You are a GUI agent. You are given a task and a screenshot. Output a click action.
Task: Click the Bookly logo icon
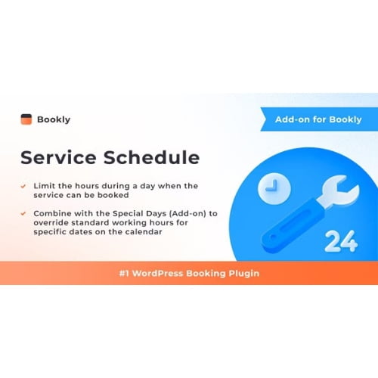tap(26, 119)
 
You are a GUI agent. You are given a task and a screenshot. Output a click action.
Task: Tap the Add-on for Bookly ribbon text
tap(318, 119)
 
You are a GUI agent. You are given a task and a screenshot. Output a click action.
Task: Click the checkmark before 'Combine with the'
tap(24, 213)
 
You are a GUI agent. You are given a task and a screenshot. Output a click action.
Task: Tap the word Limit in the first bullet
tap(44, 185)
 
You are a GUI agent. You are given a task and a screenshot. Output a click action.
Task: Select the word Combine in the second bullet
tap(54, 213)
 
